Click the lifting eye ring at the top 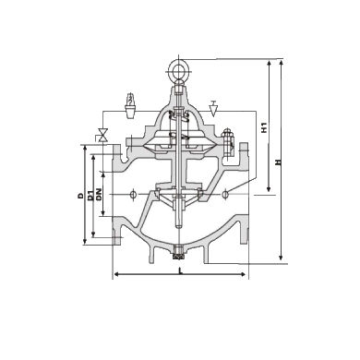[x=178, y=67]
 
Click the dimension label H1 [x=264, y=126]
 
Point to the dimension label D [x=80, y=196]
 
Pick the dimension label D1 [x=90, y=196]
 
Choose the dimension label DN [x=100, y=196]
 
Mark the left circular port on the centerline [x=135, y=194]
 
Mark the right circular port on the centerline [x=224, y=194]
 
